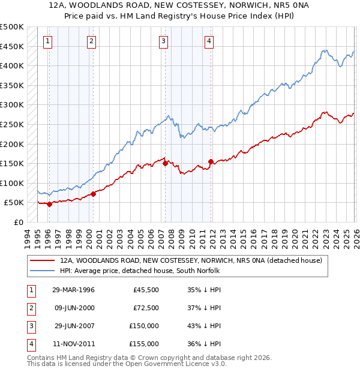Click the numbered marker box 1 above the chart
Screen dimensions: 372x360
[x=48, y=41]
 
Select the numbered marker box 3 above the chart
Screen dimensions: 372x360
[x=164, y=41]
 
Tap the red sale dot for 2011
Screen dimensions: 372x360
[x=211, y=161]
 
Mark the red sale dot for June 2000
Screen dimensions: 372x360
[x=93, y=194]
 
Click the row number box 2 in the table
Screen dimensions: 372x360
[x=30, y=308]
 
